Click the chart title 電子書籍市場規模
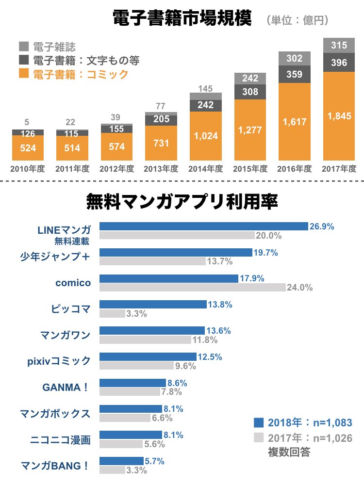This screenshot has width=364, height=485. tap(182, 19)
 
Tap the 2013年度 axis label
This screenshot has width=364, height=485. tap(161, 169)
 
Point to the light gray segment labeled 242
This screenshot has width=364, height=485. tap(250, 78)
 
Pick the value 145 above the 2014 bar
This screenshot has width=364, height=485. tap(206, 88)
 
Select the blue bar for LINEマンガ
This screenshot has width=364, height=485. tap(204, 226)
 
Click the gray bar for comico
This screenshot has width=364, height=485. tap(193, 287)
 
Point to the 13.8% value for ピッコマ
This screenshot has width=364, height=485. tap(220, 305)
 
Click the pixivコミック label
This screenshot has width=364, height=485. tap(59, 360)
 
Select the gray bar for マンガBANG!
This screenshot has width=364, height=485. tap(112, 470)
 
